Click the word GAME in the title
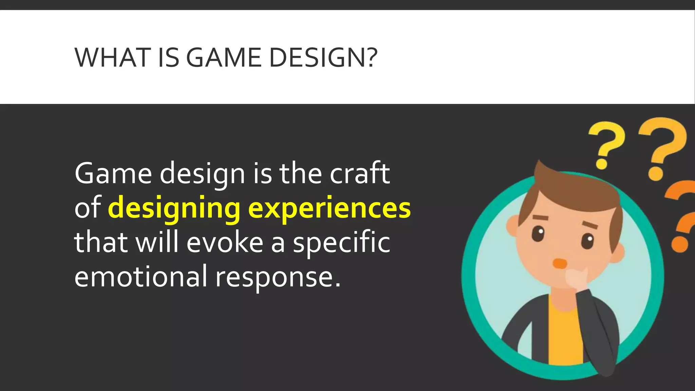[224, 57]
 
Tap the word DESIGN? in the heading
[323, 57]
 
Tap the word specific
[341, 243]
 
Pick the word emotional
[140, 277]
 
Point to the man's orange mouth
[560, 263]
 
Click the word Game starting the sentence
[113, 173]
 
